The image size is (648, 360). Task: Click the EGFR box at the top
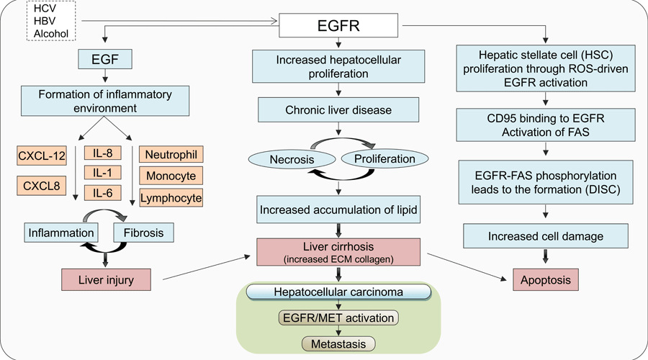coord(338,25)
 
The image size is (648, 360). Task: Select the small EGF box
coord(105,59)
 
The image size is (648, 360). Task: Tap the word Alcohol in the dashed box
coord(51,33)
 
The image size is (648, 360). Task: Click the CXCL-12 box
coord(42,156)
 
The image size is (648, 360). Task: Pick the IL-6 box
coord(102,193)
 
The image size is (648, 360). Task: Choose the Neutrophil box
coord(171,155)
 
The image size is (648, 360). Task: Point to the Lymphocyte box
coord(171,198)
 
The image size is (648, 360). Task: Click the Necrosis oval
coord(292,160)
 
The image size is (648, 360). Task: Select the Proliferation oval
coord(384,158)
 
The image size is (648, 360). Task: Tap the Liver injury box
coord(107,280)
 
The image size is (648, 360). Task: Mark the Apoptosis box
coord(546,280)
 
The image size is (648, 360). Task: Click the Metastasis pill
coord(338,344)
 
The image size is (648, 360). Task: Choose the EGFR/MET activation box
coord(338,318)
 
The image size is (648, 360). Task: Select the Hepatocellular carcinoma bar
coord(338,292)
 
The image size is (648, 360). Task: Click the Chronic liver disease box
coord(338,110)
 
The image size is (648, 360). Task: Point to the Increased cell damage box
coord(546,236)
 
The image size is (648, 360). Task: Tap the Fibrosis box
coord(143,233)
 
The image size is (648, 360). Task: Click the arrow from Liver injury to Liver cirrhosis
coord(207,268)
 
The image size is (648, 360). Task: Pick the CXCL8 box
coord(42,186)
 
